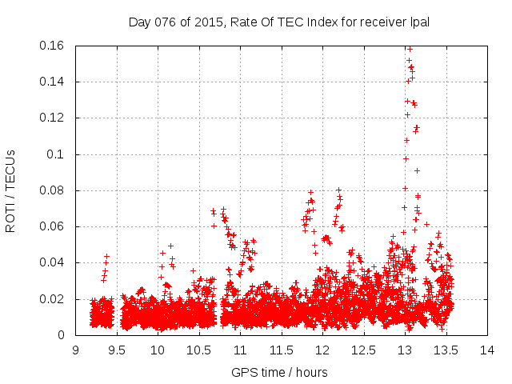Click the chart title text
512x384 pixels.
coord(279,22)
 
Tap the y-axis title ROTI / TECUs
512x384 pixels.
coord(10,190)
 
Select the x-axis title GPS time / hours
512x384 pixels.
coord(279,372)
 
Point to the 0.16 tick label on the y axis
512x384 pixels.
coord(52,46)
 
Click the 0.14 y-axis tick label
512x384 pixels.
coord(52,82)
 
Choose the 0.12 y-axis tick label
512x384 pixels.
coord(52,118)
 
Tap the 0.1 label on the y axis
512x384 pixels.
coord(56,154)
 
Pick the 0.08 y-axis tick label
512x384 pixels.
coord(52,190)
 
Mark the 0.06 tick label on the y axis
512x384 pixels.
coord(52,226)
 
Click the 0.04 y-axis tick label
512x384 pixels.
coord(52,262)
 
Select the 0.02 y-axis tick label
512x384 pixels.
coord(52,299)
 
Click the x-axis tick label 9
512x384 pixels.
coord(75,350)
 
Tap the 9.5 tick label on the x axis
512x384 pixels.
coord(117,350)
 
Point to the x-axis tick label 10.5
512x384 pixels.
coord(199,350)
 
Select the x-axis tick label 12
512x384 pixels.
coord(322,350)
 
